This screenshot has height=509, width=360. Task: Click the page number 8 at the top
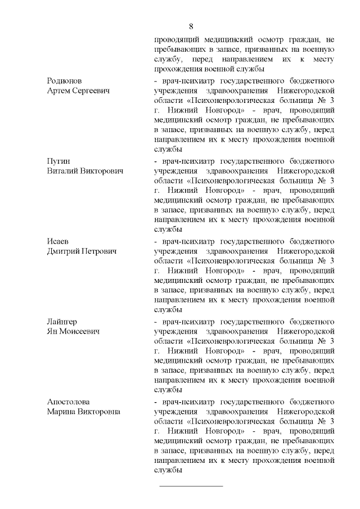coord(191,26)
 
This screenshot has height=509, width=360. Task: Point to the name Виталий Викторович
coord(85,170)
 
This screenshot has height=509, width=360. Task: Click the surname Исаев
coord(58,241)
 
